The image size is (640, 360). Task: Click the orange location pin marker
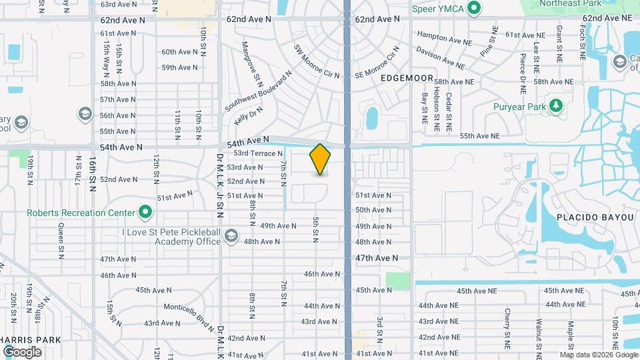321,159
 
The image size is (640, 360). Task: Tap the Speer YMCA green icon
475,8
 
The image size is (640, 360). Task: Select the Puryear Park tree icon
555,106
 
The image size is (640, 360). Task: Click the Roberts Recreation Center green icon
145,213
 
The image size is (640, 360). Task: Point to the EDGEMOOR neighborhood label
407,78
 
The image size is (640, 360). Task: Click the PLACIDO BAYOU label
590,218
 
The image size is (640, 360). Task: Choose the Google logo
22,351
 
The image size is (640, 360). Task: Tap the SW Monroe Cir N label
317,62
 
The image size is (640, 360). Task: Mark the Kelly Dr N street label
249,117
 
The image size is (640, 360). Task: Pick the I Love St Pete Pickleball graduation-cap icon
231,236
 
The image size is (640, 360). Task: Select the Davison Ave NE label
440,57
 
